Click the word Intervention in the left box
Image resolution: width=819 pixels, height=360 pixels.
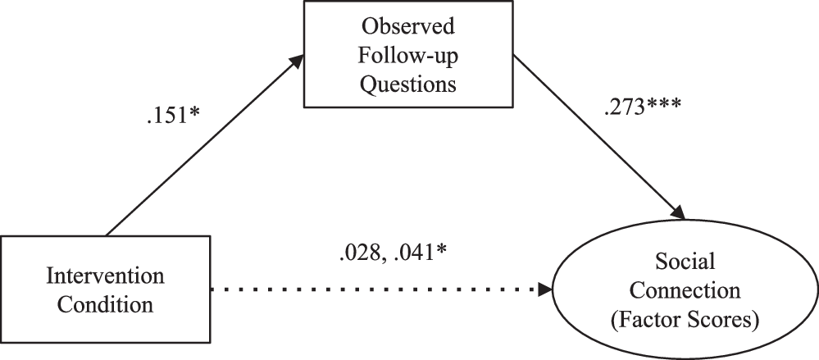coord(106,274)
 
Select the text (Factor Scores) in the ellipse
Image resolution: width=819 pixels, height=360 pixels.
coord(686,321)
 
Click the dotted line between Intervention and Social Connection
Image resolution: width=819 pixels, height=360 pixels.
coord(369,289)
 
